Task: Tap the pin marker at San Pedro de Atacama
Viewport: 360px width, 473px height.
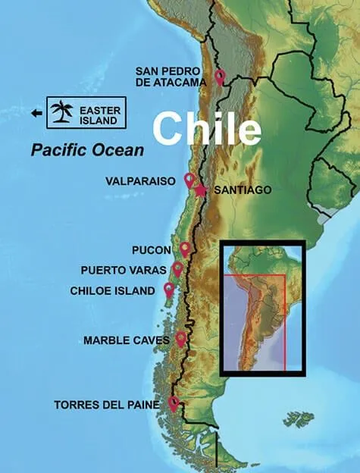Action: (220, 77)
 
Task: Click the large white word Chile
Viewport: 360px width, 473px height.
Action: (206, 129)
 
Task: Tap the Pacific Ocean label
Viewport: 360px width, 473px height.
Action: (87, 150)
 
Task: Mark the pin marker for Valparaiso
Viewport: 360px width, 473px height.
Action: (189, 180)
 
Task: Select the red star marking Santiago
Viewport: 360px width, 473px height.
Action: (200, 190)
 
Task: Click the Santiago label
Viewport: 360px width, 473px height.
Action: (243, 190)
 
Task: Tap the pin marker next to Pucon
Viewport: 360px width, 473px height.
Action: (185, 249)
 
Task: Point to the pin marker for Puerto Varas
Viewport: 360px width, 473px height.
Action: (177, 269)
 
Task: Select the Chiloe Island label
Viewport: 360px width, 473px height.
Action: (112, 290)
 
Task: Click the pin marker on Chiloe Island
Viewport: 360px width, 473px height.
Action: (168, 290)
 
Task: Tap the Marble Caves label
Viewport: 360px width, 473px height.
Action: (127, 340)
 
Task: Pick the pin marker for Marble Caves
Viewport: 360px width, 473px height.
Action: (181, 338)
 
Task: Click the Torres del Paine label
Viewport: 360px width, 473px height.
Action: (107, 406)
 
